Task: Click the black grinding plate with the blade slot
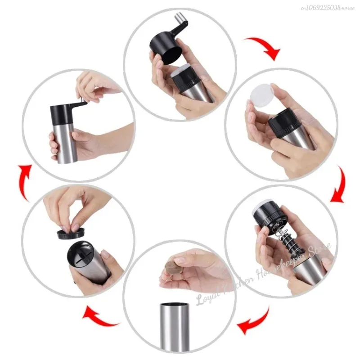(x=80, y=256)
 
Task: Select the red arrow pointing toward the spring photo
(x=338, y=184)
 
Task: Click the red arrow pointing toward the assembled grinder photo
(x=25, y=182)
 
